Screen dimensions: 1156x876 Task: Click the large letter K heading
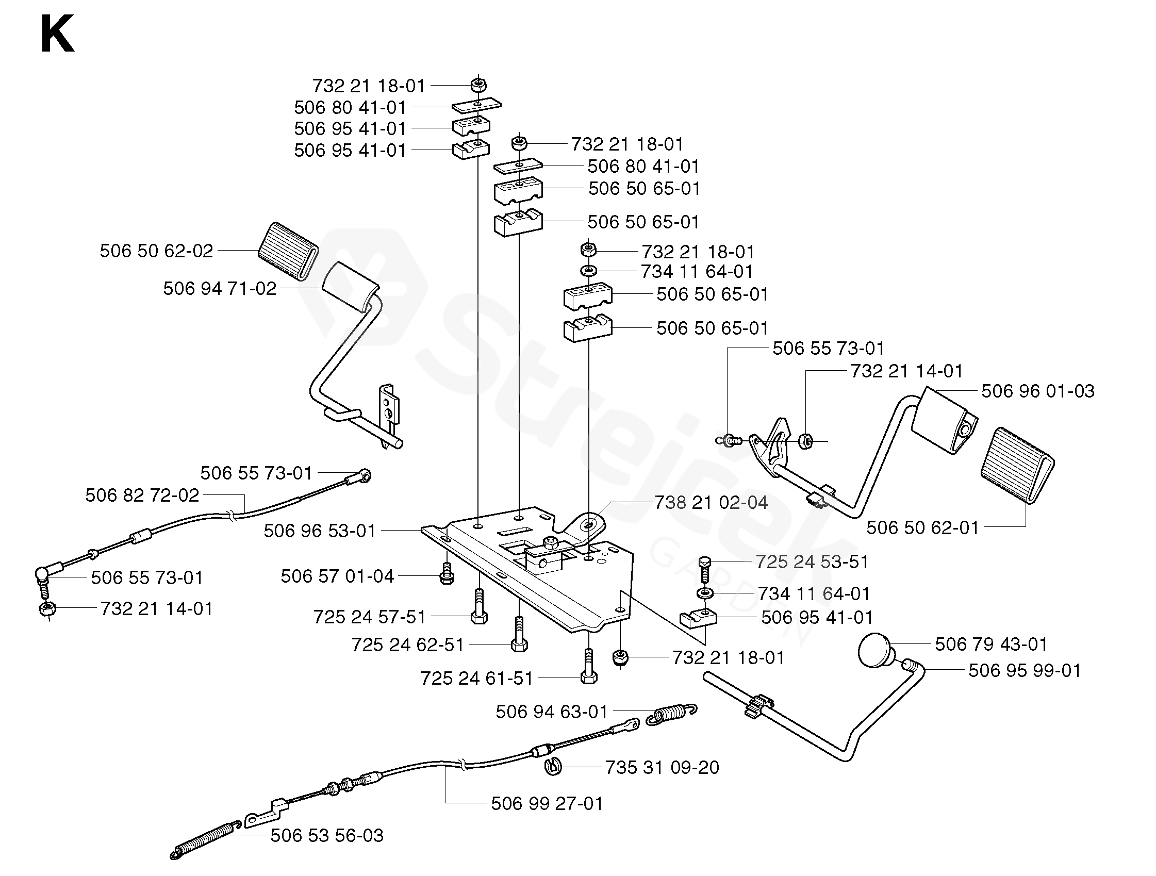57,34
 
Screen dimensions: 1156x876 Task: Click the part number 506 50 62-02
156,251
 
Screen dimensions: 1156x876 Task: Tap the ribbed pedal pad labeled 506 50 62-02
288,252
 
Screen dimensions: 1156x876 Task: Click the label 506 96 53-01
320,531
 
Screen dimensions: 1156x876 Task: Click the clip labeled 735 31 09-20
552,767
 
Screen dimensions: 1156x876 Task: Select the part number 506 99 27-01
547,803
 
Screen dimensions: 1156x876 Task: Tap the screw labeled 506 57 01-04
447,573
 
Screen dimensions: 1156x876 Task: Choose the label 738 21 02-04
711,503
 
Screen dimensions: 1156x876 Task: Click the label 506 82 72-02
142,495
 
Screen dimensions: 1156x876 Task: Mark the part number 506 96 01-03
1038,391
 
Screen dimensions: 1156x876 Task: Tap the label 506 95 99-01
1025,671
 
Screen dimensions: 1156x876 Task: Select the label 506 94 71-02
220,289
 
